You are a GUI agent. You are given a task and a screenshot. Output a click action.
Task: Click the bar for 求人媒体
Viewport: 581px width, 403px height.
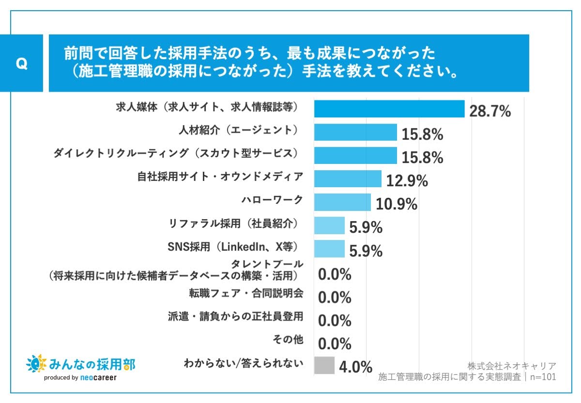click(x=389, y=109)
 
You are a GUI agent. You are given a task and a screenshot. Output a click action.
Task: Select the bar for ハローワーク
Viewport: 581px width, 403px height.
click(x=342, y=202)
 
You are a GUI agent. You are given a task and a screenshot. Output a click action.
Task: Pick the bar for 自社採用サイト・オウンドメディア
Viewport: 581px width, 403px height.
click(x=348, y=179)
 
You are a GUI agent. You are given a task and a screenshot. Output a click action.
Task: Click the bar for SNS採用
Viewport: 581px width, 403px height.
click(x=329, y=249)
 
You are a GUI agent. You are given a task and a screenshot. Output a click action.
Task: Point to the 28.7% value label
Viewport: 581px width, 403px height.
click(x=490, y=111)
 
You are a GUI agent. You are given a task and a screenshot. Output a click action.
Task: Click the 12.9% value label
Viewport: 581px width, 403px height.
click(x=407, y=181)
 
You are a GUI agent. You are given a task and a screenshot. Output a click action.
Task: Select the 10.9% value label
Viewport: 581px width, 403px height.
click(x=397, y=205)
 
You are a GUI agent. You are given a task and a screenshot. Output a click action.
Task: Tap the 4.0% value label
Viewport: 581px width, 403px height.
click(x=355, y=367)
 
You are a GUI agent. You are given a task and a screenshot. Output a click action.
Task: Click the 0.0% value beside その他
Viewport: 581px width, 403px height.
click(x=335, y=344)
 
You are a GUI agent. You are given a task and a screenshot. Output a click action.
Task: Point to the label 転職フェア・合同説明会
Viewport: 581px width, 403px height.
click(x=246, y=293)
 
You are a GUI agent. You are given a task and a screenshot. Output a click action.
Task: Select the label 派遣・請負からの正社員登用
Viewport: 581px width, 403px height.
click(x=235, y=316)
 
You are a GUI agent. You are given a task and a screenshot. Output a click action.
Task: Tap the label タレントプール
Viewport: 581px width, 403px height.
click(x=267, y=264)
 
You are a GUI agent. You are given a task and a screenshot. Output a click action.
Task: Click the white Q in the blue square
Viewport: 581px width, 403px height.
click(x=21, y=64)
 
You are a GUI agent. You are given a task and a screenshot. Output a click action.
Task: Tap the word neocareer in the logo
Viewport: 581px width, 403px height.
click(x=98, y=378)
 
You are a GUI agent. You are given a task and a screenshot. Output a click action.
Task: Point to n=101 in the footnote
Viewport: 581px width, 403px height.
click(x=543, y=377)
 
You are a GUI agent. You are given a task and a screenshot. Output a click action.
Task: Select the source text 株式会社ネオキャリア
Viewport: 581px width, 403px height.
click(x=512, y=366)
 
